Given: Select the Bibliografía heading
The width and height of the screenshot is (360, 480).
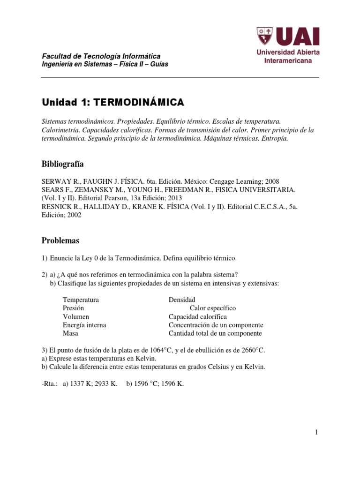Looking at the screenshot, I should click(x=63, y=164).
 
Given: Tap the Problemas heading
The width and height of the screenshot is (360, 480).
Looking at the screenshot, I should click(x=60, y=240).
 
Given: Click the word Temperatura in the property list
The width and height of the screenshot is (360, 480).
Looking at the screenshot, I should click(x=81, y=300).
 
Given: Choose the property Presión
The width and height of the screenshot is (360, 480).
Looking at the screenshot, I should click(x=73, y=308).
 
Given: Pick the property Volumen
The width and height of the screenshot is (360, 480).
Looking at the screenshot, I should click(x=76, y=316).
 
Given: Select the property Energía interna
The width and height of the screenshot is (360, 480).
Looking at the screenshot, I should click(x=84, y=325).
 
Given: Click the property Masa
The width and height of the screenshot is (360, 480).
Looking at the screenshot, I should click(x=71, y=333).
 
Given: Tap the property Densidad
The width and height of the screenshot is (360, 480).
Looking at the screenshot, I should click(x=182, y=300).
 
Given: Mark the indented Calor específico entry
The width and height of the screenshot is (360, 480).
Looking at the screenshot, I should click(x=213, y=308).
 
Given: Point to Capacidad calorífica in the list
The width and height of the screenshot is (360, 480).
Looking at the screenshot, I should click(x=198, y=316).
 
